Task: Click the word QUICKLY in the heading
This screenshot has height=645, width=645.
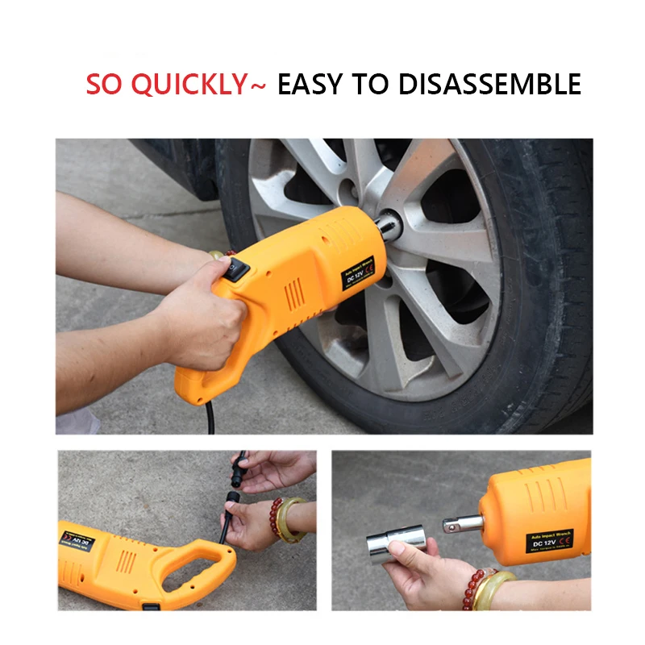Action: [x=189, y=84]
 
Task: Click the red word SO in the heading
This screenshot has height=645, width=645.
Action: [x=106, y=84]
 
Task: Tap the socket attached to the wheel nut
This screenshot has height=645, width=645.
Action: [x=389, y=224]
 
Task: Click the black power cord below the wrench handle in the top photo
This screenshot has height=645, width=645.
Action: [x=211, y=417]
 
